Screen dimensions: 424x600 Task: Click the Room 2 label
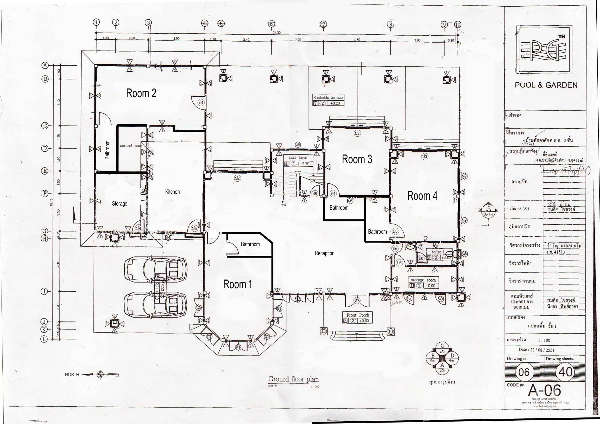coord(141,93)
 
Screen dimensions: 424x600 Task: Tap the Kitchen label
coord(172,192)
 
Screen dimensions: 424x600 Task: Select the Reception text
coord(324,253)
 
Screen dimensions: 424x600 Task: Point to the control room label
coord(130,146)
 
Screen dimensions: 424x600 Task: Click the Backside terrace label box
coord(328,100)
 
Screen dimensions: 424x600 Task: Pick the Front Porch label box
coord(358,318)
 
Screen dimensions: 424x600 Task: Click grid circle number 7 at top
coord(323,24)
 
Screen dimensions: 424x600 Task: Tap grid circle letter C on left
coord(45,126)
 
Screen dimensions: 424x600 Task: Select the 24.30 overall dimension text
coord(277,33)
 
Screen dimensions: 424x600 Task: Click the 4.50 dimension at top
coord(357,40)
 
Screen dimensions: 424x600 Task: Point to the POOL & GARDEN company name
coord(546,85)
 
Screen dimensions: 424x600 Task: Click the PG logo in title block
coord(544,50)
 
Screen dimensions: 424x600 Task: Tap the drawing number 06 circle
coord(524,372)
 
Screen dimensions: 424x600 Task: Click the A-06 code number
coord(544,391)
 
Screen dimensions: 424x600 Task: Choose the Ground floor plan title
coord(293,379)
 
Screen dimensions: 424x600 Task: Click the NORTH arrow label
coord(72,375)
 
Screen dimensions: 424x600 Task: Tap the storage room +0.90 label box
coord(423,283)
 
